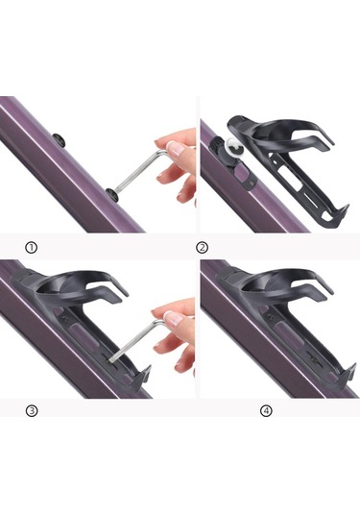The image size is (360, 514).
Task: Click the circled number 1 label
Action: tap(31, 248)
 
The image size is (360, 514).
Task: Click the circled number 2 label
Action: tap(202, 248)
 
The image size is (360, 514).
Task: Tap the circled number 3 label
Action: tap(32, 410)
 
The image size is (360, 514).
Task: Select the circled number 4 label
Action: tap(266, 410)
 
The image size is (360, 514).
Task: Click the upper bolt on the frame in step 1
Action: tap(60, 139)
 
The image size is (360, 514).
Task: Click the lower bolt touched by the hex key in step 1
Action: tap(112, 193)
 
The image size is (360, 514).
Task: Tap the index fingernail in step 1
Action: tap(176, 148)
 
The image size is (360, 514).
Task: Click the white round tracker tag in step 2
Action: tap(235, 148)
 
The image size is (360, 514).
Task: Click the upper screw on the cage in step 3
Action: tap(65, 318)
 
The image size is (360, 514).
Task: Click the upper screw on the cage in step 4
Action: tap(271, 317)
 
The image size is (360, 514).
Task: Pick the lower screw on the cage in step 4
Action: tap(315, 360)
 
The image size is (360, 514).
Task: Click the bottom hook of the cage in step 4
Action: tap(348, 373)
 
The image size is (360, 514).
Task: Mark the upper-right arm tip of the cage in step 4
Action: tap(331, 290)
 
